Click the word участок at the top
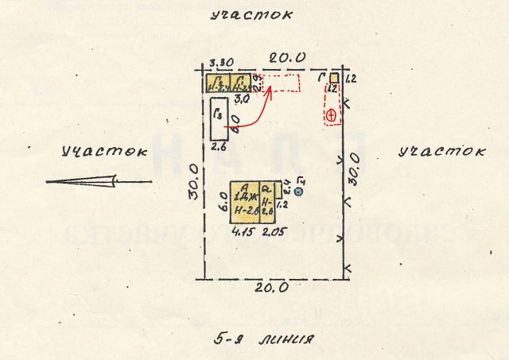tap(251, 15)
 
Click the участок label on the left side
tap(104, 150)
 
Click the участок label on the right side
tap(441, 150)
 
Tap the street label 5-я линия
tap(265, 339)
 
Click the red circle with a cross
tap(331, 115)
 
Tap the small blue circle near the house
tap(298, 191)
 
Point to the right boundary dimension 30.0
tap(355, 170)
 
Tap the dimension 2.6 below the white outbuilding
tap(219, 145)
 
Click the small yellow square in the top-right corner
tap(335, 78)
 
